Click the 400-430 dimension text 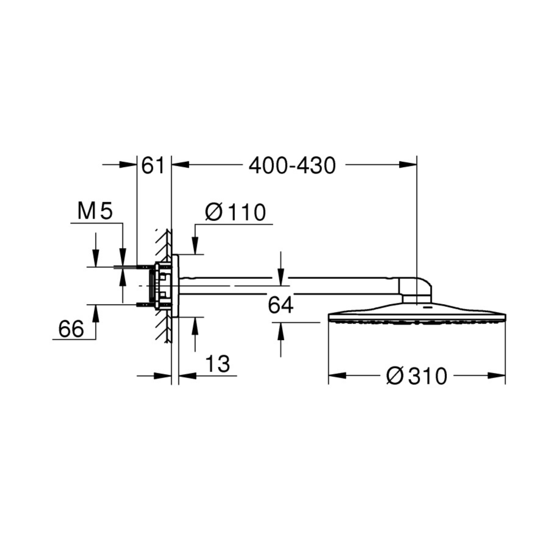pos(292,166)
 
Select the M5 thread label pos(95,211)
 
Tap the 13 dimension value pos(218,364)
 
